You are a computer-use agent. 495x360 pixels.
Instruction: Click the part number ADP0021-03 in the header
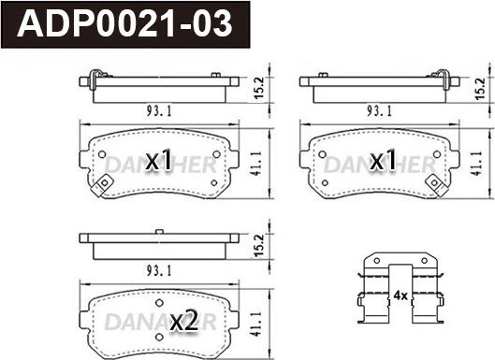125,24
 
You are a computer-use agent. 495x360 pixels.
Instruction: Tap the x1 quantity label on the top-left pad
159,160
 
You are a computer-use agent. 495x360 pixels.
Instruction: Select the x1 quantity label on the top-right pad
383,160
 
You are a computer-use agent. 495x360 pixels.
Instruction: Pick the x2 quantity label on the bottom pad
184,320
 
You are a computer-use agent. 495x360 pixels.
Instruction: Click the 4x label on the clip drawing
400,295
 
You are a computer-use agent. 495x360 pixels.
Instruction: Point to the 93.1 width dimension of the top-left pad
159,111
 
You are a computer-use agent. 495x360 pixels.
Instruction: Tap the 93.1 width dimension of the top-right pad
379,111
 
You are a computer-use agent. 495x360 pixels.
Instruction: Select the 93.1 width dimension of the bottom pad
159,271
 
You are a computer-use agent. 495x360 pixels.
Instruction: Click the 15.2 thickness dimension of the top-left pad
259,88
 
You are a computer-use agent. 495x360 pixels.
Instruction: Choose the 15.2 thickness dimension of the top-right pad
480,89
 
